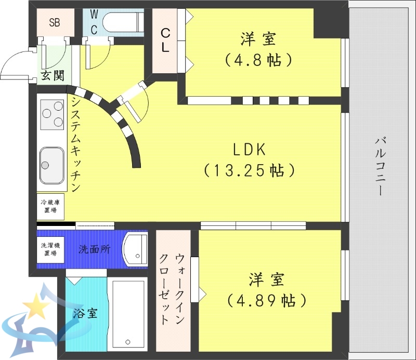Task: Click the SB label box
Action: (x=55, y=22)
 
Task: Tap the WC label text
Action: (x=94, y=22)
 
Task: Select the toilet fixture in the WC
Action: (x=122, y=22)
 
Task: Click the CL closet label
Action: (x=165, y=40)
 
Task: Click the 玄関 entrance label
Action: (x=53, y=76)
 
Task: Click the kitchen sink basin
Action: (x=50, y=165)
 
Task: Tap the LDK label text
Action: (x=249, y=150)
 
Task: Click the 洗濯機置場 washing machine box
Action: (x=50, y=249)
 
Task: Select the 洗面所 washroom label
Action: (x=94, y=249)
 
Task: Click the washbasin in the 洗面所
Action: (x=136, y=249)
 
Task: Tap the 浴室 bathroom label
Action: (x=83, y=314)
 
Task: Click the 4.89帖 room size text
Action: (x=266, y=300)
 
